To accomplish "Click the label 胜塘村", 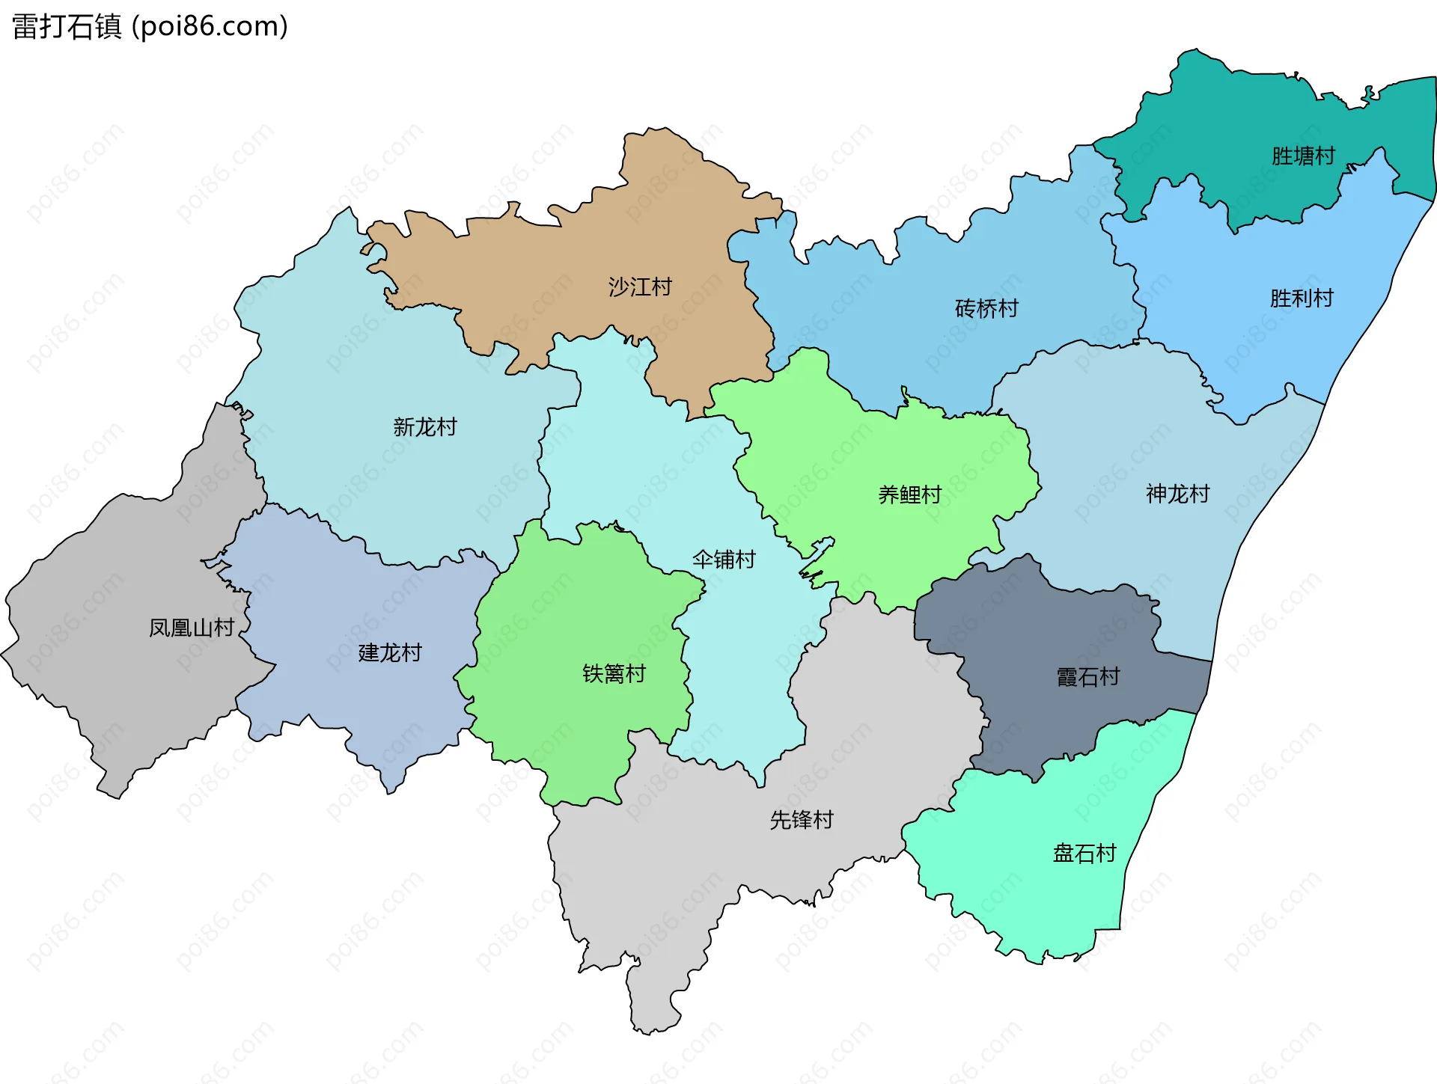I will [x=1303, y=156].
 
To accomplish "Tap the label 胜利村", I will [x=1302, y=298].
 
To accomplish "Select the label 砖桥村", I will [x=986, y=308].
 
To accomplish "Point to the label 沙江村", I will [x=640, y=287].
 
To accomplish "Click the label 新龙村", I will [x=425, y=427].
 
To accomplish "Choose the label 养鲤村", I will [x=909, y=494].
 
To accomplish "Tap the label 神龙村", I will [x=1177, y=494].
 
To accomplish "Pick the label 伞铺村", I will [x=724, y=560].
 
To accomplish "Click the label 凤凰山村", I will [x=192, y=628].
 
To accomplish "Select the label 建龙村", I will [x=390, y=653].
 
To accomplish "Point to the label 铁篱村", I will [x=614, y=674].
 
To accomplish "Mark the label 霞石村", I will [x=1087, y=677].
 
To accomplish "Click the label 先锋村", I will [x=802, y=820].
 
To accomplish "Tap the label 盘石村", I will [x=1084, y=854].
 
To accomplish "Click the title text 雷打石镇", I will [x=67, y=27].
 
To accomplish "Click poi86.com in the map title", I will [x=210, y=27].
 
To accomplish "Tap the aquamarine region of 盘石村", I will [x=1048, y=898].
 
